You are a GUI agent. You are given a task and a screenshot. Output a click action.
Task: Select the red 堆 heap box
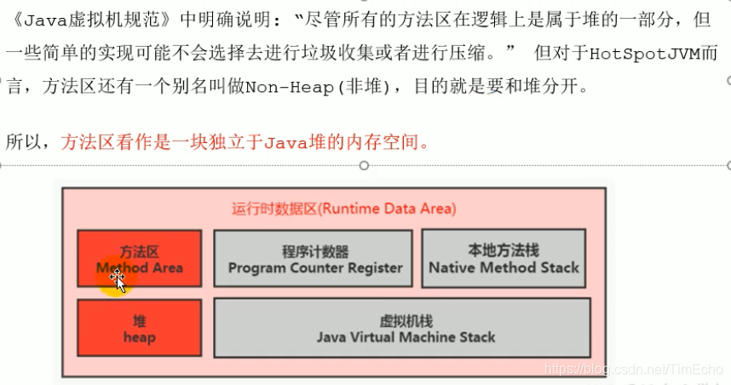point(140,328)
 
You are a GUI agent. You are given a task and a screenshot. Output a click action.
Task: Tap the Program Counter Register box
point(315,259)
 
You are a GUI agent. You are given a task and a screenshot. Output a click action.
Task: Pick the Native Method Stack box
point(504,259)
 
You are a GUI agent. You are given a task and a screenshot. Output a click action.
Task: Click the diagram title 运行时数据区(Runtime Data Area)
point(344,209)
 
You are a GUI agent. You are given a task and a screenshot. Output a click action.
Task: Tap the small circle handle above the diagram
point(365,165)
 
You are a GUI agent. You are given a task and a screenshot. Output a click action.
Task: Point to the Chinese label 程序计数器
point(315,252)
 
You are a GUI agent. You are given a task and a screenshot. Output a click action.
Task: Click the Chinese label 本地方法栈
point(504,250)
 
